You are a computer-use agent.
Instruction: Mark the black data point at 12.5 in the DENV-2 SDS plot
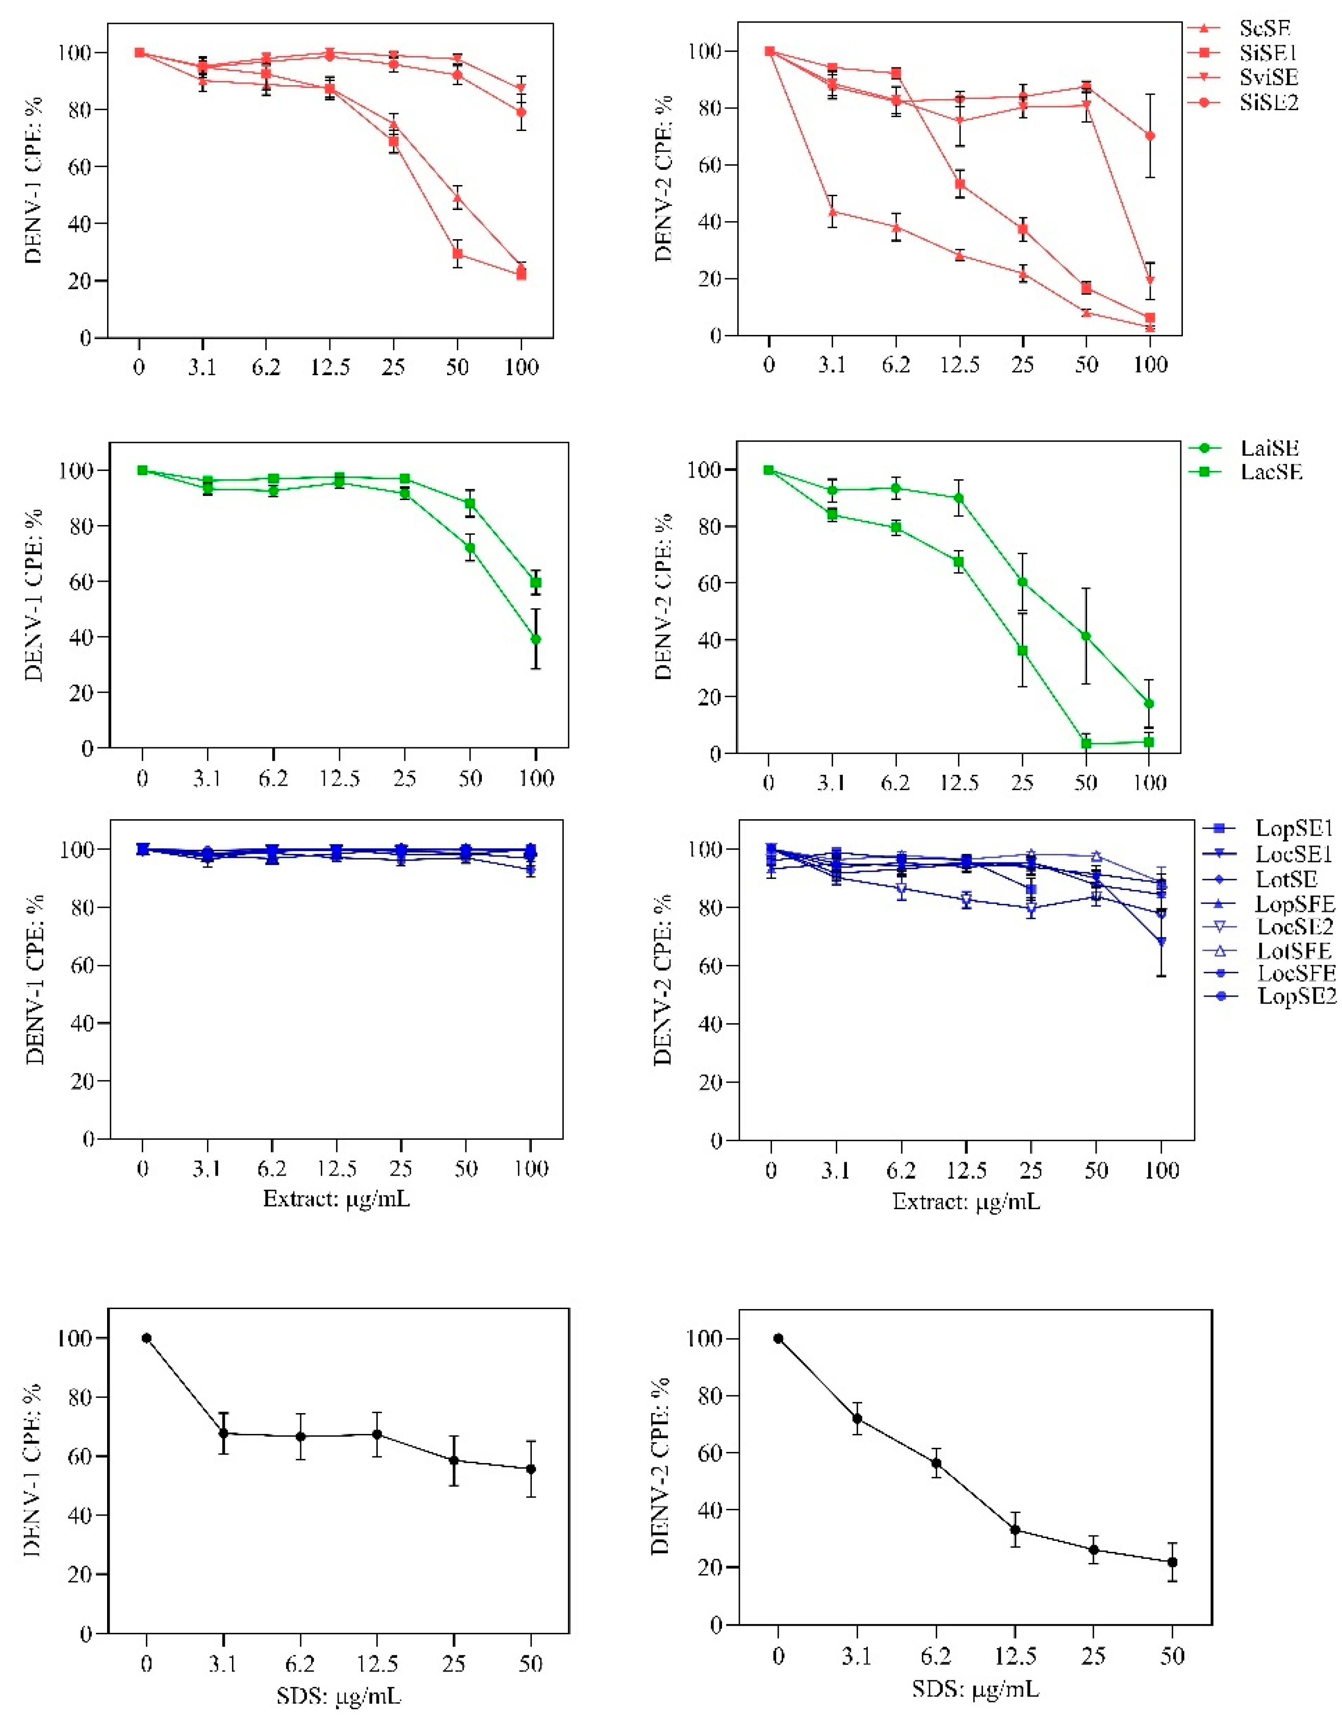[1015, 1530]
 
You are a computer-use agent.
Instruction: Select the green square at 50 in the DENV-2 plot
[1086, 744]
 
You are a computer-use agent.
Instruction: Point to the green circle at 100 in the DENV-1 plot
[536, 639]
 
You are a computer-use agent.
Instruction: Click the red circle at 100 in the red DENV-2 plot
[1150, 136]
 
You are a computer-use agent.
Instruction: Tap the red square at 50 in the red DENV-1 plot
[457, 254]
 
